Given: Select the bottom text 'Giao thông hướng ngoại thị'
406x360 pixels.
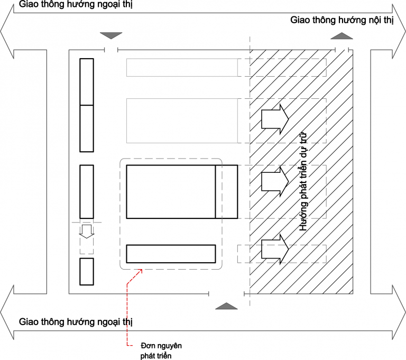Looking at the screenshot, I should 76,321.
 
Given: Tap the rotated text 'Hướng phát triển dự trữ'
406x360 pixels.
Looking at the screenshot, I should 303,181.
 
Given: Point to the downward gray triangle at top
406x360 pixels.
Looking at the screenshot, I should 111,35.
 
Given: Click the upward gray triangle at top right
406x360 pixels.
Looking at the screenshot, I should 342,36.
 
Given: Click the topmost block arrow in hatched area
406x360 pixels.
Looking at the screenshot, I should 275,118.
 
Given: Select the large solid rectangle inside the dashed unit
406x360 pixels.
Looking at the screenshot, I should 170,191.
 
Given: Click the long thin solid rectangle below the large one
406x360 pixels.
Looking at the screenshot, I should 170,254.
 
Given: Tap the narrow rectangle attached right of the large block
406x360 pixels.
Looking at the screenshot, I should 226,191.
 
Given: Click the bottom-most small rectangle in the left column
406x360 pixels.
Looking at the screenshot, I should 87,272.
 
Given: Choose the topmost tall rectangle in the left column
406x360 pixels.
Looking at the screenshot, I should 87,82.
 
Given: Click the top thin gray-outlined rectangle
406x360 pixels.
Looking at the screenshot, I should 182,67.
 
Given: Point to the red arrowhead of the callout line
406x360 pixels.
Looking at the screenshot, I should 141,271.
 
